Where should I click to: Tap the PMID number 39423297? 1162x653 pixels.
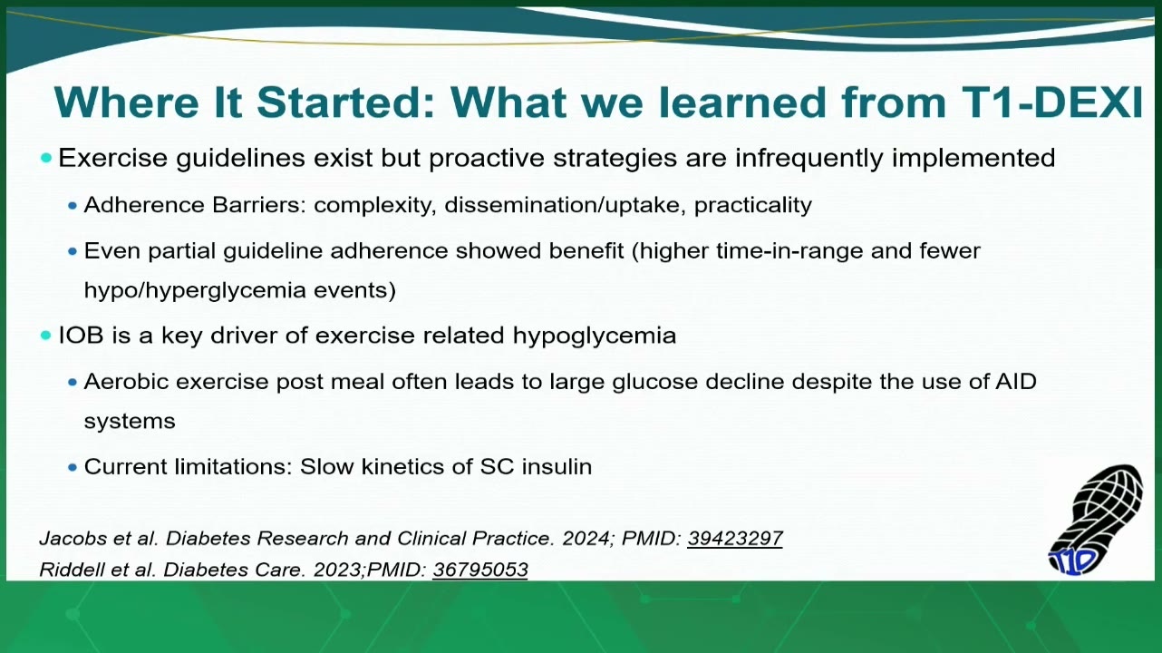[x=735, y=539]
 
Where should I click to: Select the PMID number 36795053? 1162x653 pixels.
[x=480, y=570]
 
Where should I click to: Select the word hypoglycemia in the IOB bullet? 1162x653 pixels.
[x=595, y=336]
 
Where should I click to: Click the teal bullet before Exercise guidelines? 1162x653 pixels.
[x=46, y=158]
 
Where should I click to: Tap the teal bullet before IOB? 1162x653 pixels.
[x=46, y=336]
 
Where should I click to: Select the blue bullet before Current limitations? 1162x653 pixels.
[x=73, y=468]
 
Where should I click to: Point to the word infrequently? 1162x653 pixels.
[x=809, y=159]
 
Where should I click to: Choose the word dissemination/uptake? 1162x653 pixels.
[x=566, y=206]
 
